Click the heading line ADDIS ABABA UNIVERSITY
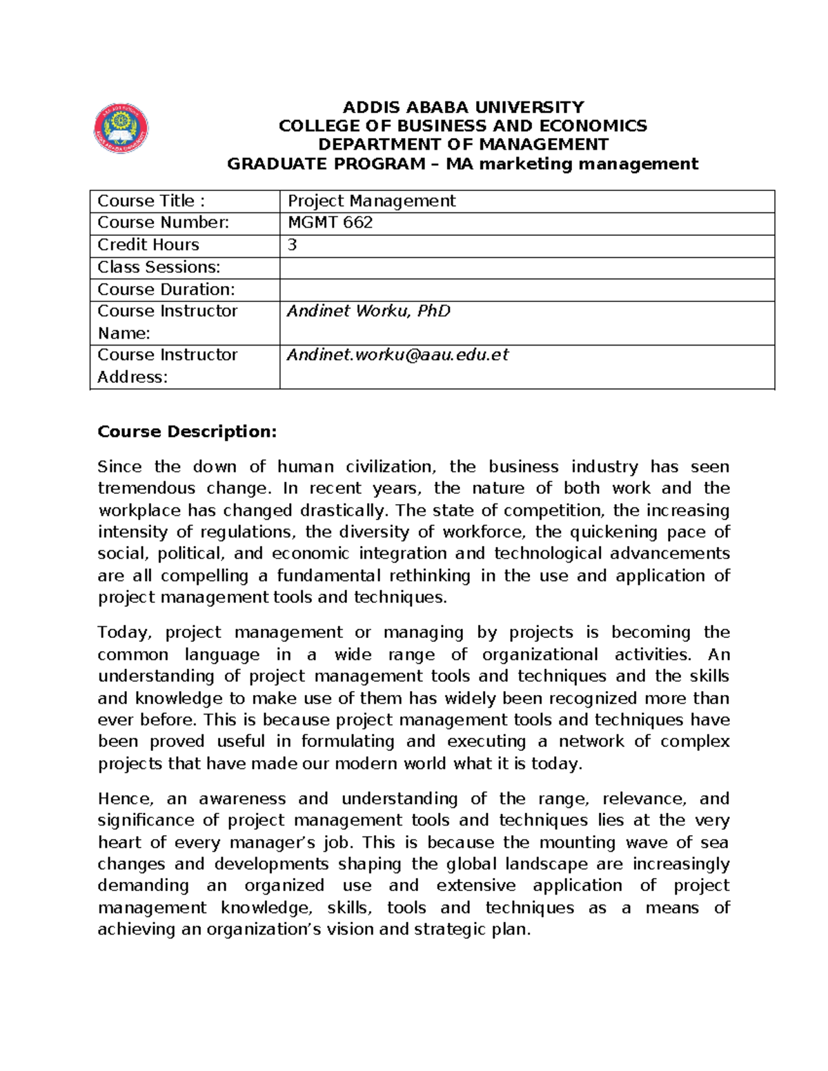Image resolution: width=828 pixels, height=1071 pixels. point(463,107)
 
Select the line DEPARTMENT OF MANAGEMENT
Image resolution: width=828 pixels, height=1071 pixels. point(463,144)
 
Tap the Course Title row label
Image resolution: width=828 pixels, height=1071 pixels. point(151,201)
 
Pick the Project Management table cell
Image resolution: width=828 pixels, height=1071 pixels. point(371,201)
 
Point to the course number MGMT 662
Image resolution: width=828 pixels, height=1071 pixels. point(330,223)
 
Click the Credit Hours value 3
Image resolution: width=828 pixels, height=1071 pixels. point(293,245)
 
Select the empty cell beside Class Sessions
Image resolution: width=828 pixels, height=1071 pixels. point(526,268)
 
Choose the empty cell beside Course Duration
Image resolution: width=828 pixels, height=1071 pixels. point(526,290)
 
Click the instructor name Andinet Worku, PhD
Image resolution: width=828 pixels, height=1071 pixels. point(368,311)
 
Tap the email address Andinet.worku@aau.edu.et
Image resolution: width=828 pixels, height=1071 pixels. point(397,354)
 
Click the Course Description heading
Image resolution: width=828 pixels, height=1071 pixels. point(187,432)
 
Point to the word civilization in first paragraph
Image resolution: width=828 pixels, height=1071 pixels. point(391,467)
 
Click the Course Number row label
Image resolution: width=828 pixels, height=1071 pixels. point(162,223)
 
